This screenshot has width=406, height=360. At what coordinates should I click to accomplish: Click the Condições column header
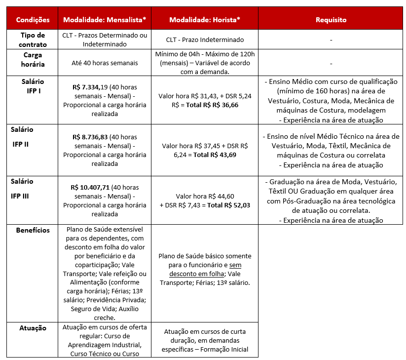[x=33, y=20]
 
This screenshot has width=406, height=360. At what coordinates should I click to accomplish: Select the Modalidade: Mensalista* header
[x=105, y=20]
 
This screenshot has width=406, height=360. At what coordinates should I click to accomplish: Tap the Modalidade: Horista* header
[x=204, y=20]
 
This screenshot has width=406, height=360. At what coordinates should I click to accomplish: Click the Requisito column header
[x=331, y=20]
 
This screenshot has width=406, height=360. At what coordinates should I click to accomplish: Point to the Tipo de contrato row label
[x=33, y=40]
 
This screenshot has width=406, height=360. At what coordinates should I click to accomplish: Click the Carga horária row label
[x=33, y=60]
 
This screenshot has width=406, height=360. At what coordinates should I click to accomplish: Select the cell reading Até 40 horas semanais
[x=105, y=63]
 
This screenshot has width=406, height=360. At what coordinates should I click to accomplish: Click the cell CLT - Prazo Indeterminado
[x=204, y=40]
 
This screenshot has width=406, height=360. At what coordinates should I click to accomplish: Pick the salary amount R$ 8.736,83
[x=90, y=137]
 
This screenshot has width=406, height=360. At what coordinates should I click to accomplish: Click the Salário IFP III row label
[x=22, y=188]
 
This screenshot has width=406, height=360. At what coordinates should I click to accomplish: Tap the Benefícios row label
[x=33, y=230]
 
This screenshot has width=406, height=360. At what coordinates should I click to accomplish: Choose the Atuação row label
[x=33, y=328]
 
